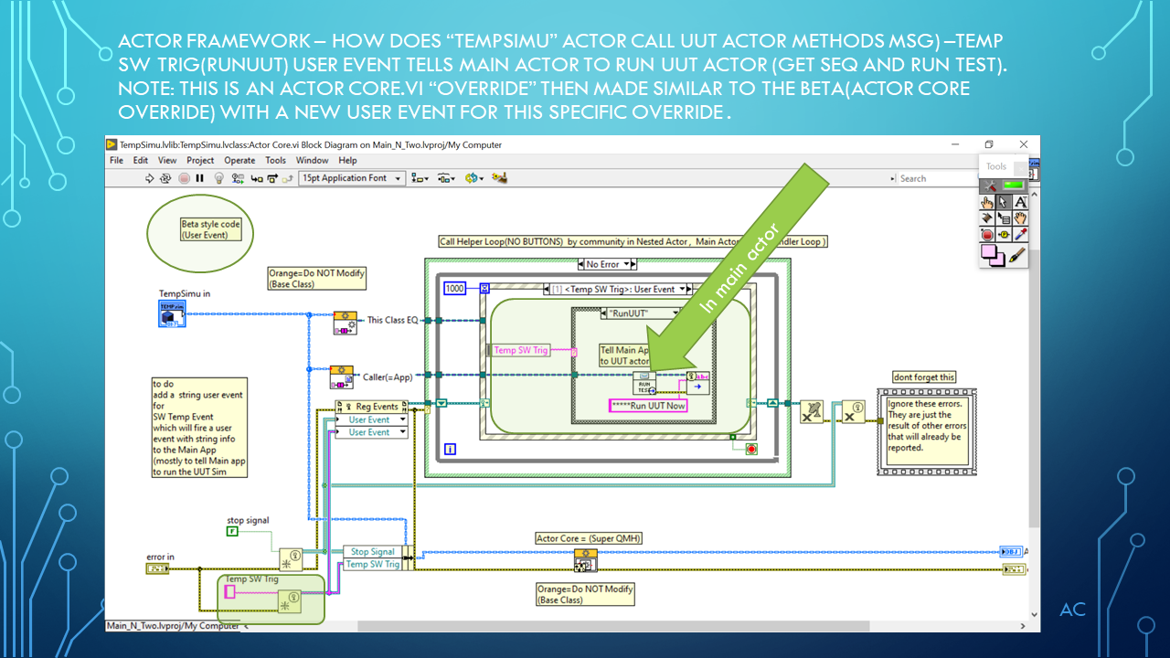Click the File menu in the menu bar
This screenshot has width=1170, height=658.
pyautogui.click(x=116, y=160)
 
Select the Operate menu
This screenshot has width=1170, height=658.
pyautogui.click(x=239, y=160)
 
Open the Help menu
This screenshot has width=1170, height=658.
pyautogui.click(x=347, y=160)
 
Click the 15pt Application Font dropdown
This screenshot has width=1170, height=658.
pyautogui.click(x=352, y=178)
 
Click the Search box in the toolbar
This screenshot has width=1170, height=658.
pyautogui.click(x=932, y=178)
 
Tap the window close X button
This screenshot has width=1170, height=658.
pyautogui.click(x=1024, y=144)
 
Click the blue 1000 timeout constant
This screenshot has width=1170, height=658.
pyautogui.click(x=455, y=289)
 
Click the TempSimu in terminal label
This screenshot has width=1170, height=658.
pyautogui.click(x=185, y=293)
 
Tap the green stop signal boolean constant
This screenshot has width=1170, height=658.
pyautogui.click(x=232, y=531)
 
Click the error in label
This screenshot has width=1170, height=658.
pyautogui.click(x=160, y=557)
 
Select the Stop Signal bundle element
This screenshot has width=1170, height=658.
pyautogui.click(x=372, y=552)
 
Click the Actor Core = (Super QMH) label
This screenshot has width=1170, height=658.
pyautogui.click(x=589, y=538)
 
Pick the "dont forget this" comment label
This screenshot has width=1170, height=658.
pyautogui.click(x=924, y=377)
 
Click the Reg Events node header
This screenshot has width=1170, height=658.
pyautogui.click(x=371, y=407)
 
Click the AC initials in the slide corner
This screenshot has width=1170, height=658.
pyautogui.click(x=1072, y=610)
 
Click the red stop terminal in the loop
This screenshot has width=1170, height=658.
pyautogui.click(x=751, y=449)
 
